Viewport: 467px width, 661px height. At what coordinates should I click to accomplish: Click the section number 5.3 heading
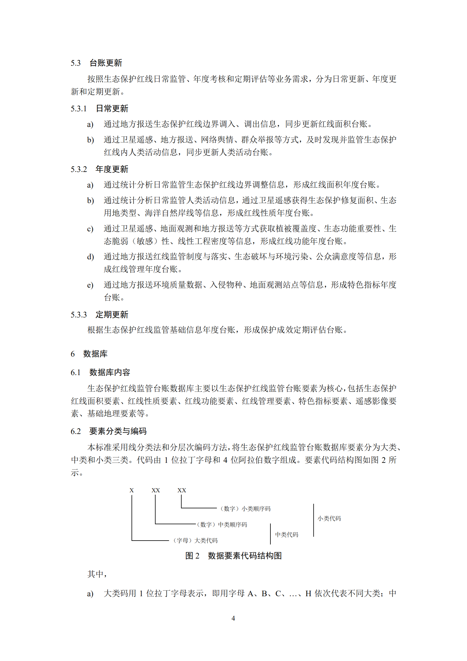[76, 63]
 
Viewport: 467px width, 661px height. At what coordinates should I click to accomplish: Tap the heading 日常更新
[112, 109]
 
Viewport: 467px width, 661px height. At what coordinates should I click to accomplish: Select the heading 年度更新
[112, 169]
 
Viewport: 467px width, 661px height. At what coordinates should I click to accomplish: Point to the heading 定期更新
[112, 315]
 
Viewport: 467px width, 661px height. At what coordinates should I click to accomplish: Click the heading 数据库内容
[109, 372]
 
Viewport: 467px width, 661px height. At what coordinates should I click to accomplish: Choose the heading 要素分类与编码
[118, 431]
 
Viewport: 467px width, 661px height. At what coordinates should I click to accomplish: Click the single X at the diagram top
[132, 491]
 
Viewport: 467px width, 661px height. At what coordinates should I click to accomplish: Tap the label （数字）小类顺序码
[245, 509]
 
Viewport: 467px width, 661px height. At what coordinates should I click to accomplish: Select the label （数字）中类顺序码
[222, 525]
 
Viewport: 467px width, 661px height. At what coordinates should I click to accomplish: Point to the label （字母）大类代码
[195, 541]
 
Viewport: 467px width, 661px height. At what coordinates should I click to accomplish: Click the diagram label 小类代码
[329, 518]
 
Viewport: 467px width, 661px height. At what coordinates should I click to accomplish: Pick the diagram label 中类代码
[287, 535]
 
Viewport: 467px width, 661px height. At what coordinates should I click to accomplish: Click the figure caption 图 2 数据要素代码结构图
[233, 556]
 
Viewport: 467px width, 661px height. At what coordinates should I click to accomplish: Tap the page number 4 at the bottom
[233, 618]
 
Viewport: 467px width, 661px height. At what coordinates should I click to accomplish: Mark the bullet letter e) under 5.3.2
[90, 285]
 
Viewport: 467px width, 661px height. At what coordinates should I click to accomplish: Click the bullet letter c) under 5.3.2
[90, 229]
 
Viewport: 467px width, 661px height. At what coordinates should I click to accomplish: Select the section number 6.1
[76, 372]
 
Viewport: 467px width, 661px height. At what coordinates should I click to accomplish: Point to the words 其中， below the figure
[97, 574]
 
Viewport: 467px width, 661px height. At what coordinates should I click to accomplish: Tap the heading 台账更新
[106, 63]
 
